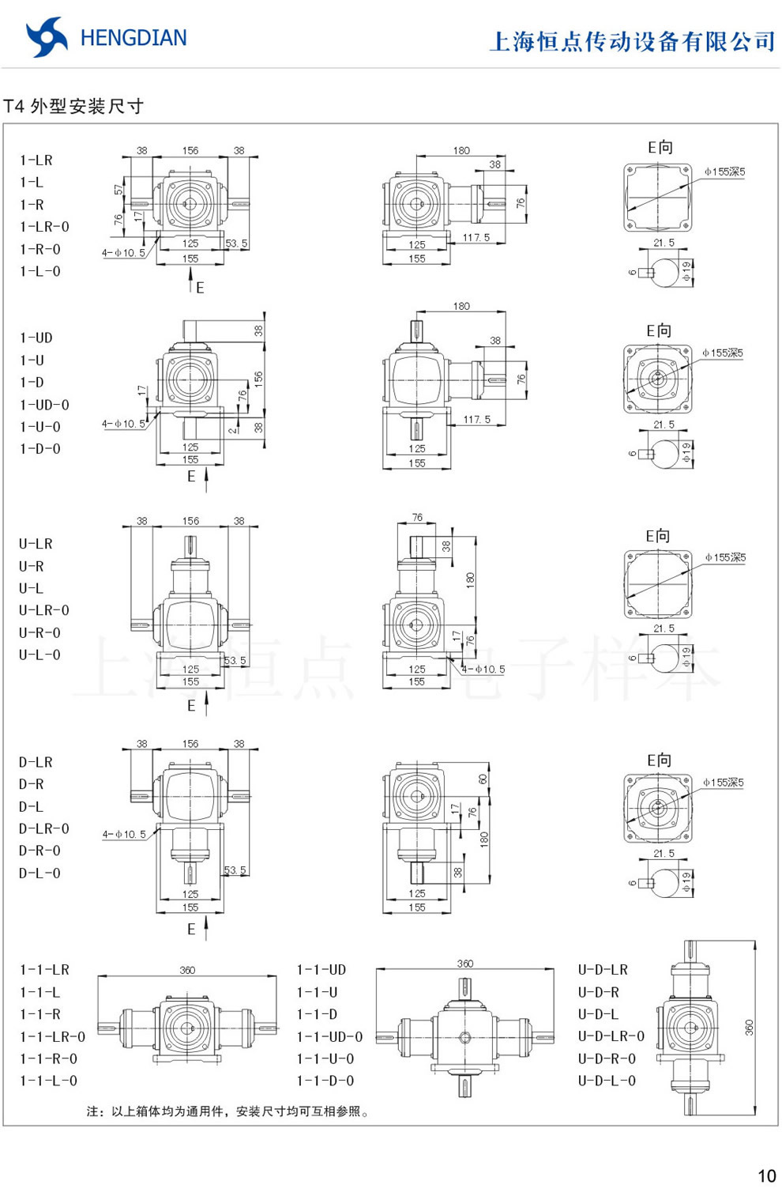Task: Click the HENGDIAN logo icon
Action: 47,37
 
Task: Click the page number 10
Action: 766,1175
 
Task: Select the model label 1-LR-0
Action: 44,227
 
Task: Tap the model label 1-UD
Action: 36,338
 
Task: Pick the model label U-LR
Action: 36,544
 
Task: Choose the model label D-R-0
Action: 39,851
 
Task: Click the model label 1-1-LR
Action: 44,969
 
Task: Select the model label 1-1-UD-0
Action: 329,1036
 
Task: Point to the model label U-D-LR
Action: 603,969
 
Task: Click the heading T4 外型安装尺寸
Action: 73,106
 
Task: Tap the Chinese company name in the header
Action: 632,41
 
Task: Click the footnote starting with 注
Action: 227,1111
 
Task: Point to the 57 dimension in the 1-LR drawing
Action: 118,190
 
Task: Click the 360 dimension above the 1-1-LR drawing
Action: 187,970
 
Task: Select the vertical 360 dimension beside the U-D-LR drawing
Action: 749,1028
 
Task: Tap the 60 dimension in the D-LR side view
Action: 483,779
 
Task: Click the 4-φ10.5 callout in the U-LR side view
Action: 483,669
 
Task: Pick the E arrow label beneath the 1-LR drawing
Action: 200,288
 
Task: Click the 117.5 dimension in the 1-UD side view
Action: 476,420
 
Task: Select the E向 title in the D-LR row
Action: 659,760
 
